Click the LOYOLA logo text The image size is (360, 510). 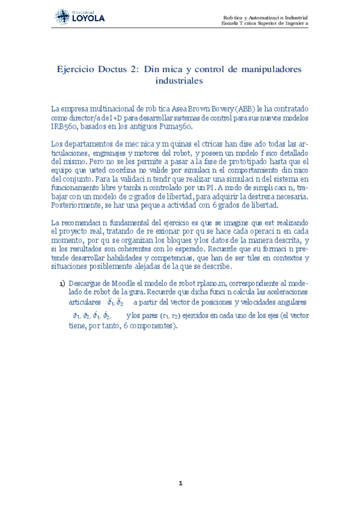pos(88,19)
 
